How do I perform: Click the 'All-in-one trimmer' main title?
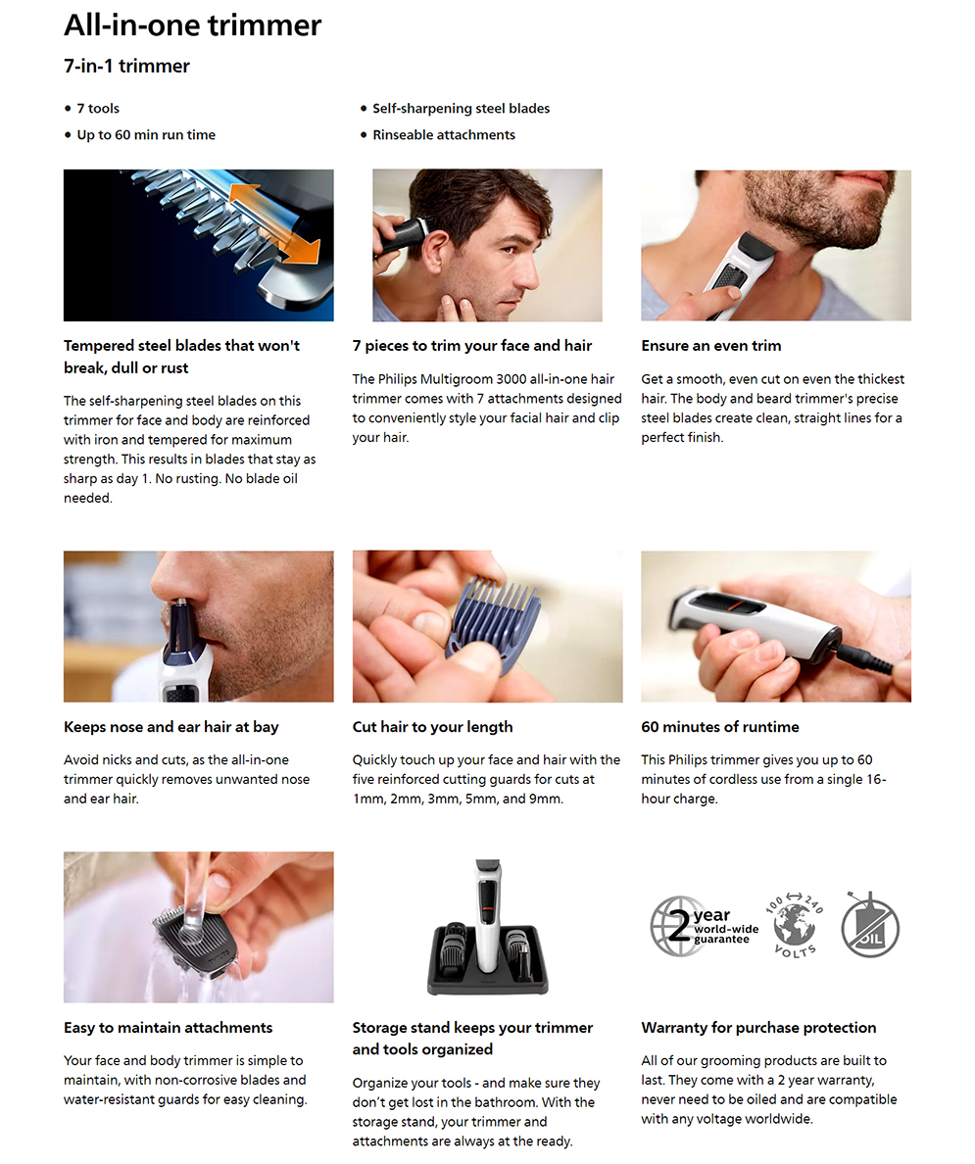[x=192, y=25]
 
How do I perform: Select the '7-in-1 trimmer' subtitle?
[x=127, y=66]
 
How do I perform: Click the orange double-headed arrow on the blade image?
[x=274, y=222]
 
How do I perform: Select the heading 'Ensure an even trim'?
[x=711, y=345]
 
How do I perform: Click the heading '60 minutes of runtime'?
[x=720, y=727]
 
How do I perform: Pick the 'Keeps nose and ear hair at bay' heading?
[x=171, y=727]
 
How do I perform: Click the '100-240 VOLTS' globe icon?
[x=794, y=925]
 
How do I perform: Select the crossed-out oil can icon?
[x=870, y=926]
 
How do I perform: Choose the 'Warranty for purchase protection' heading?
[x=758, y=1028]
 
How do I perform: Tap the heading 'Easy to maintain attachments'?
[x=168, y=1028]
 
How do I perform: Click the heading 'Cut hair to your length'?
[x=432, y=727]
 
